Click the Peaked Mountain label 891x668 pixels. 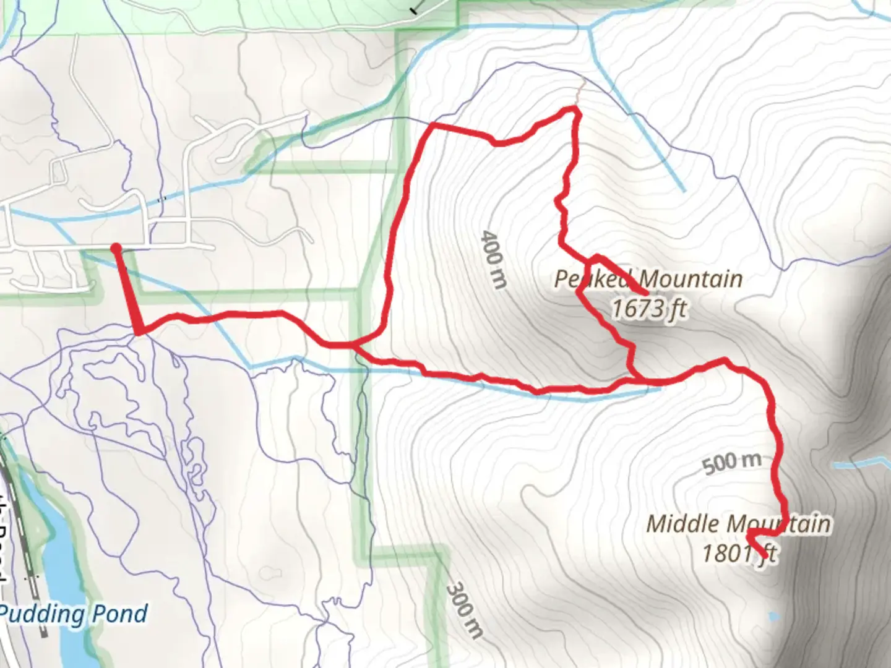[x=648, y=279]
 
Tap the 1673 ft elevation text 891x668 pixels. [x=648, y=308]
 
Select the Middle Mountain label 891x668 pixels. [x=738, y=524]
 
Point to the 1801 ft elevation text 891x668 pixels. [x=738, y=552]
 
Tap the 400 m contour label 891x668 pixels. [x=494, y=259]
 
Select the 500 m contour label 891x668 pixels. [x=731, y=462]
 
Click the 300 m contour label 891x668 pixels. [x=465, y=609]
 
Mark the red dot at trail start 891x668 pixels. [x=116, y=249]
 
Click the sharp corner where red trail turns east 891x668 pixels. [x=139, y=333]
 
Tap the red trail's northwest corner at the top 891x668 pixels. [x=432, y=126]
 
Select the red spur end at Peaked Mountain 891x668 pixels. [x=645, y=292]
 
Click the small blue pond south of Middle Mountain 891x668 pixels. [x=773, y=616]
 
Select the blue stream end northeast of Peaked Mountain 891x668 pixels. [x=683, y=190]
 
